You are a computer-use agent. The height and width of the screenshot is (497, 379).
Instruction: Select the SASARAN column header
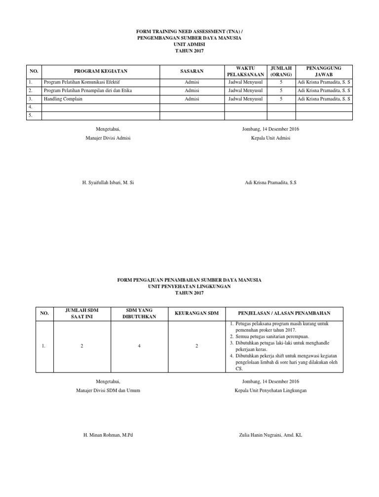click(x=192, y=72)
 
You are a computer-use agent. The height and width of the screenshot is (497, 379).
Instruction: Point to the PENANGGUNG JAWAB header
click(x=324, y=72)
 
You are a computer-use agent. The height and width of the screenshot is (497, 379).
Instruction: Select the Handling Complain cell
click(x=63, y=99)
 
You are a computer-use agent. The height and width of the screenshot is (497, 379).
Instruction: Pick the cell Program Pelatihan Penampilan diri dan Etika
click(x=88, y=91)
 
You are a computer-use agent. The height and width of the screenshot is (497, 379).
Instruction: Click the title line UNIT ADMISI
click(x=189, y=44)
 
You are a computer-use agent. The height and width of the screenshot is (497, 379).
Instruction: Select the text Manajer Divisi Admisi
click(x=108, y=138)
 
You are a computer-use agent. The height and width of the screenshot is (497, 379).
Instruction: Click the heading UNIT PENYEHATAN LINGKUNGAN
click(x=189, y=287)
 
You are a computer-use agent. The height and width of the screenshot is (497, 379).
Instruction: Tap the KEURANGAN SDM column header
click(x=196, y=313)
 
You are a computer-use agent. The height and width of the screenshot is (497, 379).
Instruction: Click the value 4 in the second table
click(x=140, y=346)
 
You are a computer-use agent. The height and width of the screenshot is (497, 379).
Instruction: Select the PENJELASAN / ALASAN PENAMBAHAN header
click(x=284, y=313)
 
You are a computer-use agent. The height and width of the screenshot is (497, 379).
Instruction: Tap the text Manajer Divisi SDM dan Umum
click(x=108, y=391)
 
